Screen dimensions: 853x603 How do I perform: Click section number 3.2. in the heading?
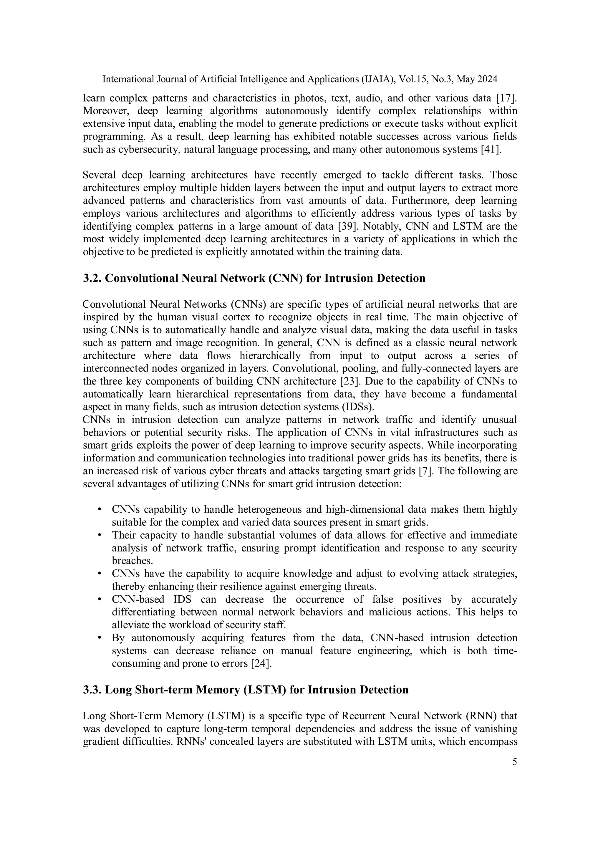point(92,278)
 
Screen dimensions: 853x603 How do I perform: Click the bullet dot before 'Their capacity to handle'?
point(100,535)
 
